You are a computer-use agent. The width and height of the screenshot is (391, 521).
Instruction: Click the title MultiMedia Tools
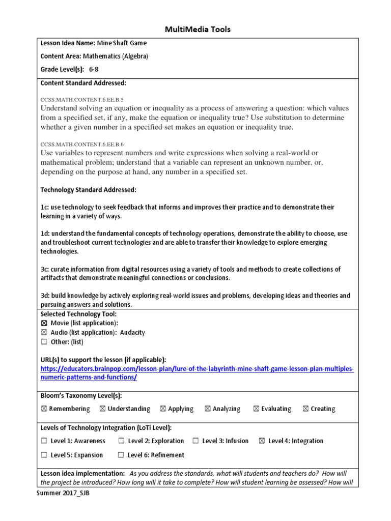tap(198, 30)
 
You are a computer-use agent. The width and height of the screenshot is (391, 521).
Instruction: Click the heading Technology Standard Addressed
tap(88, 190)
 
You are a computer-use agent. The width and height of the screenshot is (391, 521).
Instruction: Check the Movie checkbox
tap(43, 323)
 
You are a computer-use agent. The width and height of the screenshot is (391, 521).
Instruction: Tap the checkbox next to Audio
tap(43, 332)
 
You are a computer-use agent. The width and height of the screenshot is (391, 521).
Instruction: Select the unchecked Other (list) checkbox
tap(43, 342)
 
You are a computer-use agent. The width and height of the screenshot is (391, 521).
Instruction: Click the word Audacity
tap(132, 332)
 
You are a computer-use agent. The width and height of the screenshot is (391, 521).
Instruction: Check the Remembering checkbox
tap(43, 409)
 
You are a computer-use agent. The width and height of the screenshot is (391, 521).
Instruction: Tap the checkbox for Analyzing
tap(208, 409)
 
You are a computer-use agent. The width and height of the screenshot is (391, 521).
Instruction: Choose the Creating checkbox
tap(305, 409)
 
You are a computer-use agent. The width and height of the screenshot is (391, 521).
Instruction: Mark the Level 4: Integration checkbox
tap(262, 441)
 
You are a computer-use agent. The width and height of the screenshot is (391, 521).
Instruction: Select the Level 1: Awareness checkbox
tap(44, 441)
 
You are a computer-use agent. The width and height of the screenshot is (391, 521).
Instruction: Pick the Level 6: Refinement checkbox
tap(121, 455)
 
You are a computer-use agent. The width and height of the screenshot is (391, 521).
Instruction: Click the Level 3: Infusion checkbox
tap(195, 441)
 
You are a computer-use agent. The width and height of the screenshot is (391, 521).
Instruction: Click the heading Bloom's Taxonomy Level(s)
tap(81, 395)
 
